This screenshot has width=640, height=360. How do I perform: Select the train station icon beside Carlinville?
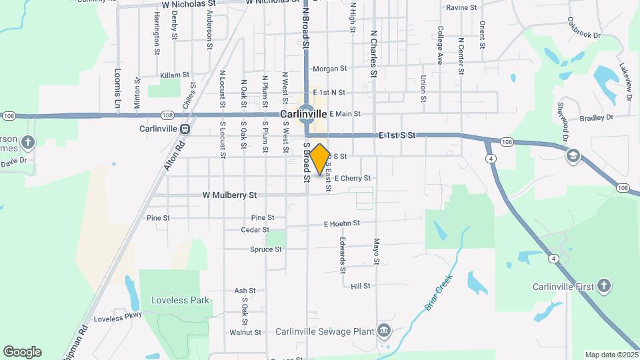click(185, 129)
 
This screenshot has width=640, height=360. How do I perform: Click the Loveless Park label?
click(179, 300)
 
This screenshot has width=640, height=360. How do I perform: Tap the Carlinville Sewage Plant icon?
click(383, 331)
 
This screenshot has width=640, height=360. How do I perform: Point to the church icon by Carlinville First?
click(603, 287)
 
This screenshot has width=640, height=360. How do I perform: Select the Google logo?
click(22, 352)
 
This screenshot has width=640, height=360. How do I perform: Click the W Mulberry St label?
click(229, 195)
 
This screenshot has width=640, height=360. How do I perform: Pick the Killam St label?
click(175, 75)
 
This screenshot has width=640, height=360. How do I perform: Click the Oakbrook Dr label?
click(585, 28)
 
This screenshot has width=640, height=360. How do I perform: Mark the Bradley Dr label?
click(596, 118)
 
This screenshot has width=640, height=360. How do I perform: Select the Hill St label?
click(360, 286)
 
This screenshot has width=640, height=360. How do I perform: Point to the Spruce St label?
click(266, 249)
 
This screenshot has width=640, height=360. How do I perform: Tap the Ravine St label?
click(461, 8)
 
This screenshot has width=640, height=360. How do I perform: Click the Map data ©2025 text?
click(610, 355)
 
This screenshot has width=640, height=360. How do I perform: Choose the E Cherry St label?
click(352, 178)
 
